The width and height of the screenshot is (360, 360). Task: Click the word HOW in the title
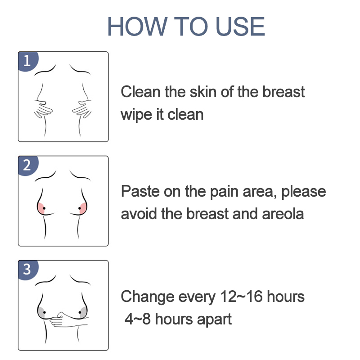click(137, 27)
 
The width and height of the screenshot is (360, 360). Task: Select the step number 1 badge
click(28, 61)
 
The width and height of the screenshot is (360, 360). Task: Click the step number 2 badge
click(28, 166)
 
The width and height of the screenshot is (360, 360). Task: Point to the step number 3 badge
click(28, 270)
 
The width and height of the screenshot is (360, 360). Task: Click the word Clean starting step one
click(140, 92)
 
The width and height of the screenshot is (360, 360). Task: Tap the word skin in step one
click(203, 92)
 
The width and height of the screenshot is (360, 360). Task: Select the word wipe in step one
click(136, 115)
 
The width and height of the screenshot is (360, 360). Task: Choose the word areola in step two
click(283, 214)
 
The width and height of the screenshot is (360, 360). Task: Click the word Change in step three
click(148, 297)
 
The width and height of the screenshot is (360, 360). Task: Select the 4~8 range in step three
click(137, 319)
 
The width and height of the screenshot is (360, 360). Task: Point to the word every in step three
click(197, 297)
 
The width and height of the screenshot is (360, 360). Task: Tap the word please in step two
click(303, 192)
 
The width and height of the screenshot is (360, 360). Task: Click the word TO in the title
click(191, 27)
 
